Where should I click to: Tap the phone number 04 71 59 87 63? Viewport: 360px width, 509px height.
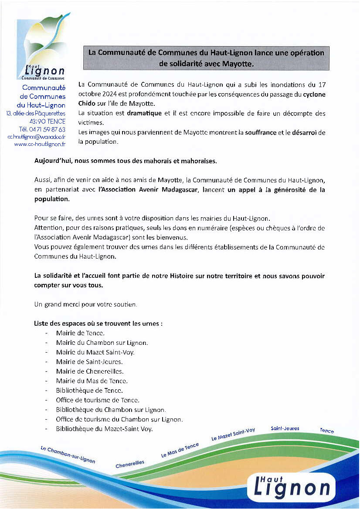pyautogui.click(x=42, y=129)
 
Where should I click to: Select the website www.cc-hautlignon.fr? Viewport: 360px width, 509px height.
pyautogui.click(x=40, y=145)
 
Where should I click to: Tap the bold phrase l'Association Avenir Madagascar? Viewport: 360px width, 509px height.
pyautogui.click(x=149, y=190)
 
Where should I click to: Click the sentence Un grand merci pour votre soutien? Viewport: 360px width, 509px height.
pyautogui.click(x=85, y=305)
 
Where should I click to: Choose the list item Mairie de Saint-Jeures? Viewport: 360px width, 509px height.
pyautogui.click(x=89, y=362)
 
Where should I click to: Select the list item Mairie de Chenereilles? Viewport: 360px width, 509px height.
pyautogui.click(x=90, y=371)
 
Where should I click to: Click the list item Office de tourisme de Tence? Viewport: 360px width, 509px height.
pyautogui.click(x=98, y=400)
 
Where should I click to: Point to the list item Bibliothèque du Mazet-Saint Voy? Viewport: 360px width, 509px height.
pyautogui.click(x=105, y=429)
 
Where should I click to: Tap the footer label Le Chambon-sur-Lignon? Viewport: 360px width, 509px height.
pyautogui.click(x=68, y=454)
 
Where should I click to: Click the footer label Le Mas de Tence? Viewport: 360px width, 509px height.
pyautogui.click(x=180, y=450)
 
